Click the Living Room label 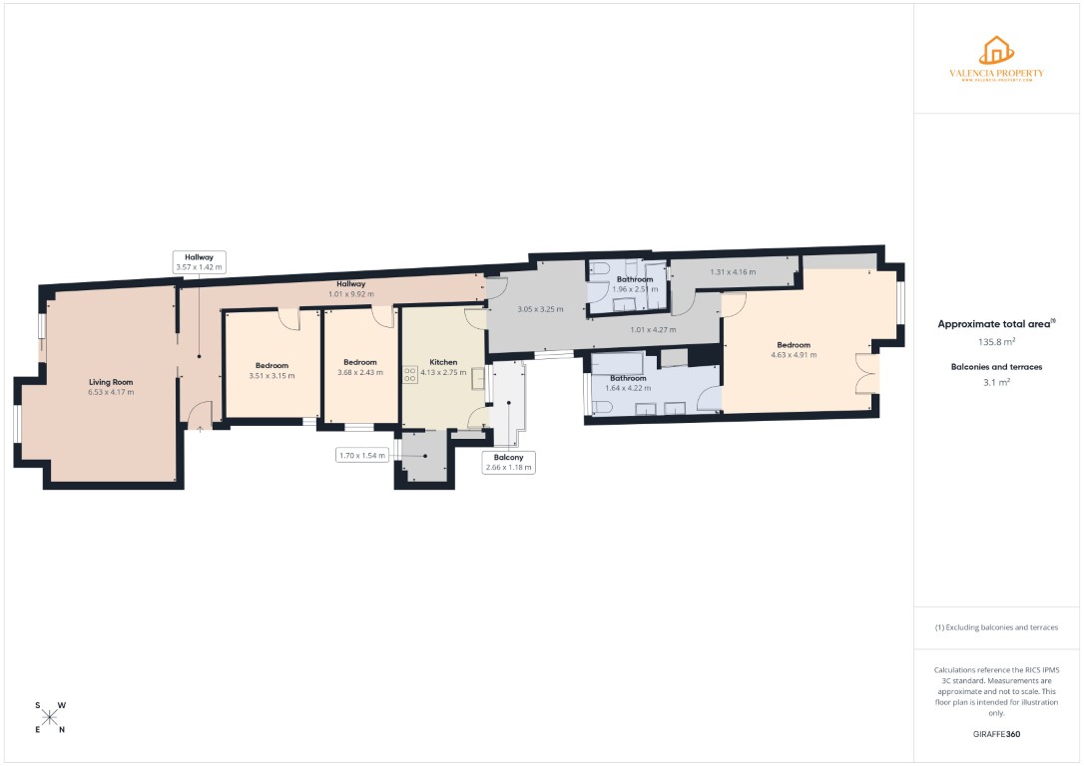click(111, 382)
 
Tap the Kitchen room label click(443, 362)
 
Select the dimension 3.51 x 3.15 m click(271, 376)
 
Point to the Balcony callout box click(508, 462)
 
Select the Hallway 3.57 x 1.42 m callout click(199, 261)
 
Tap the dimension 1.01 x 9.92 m click(350, 294)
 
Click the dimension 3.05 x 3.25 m click(540, 309)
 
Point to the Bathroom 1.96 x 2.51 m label click(634, 284)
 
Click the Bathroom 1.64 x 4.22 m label click(628, 383)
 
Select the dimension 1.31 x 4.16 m click(733, 271)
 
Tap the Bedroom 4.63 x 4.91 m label click(794, 349)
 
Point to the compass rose click(50, 717)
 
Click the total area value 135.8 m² click(996, 341)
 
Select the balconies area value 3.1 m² click(996, 382)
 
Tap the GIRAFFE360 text click(996, 733)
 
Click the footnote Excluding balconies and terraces click(996, 627)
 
